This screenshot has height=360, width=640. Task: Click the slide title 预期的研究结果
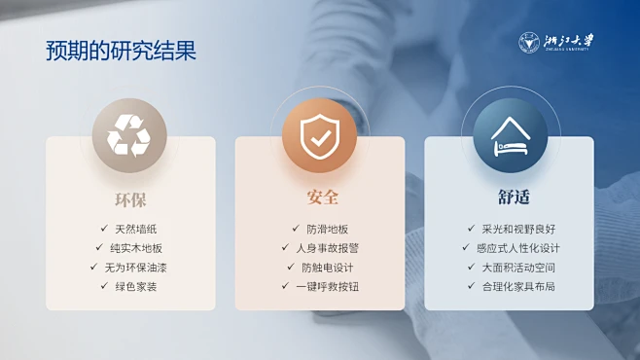[x=121, y=50]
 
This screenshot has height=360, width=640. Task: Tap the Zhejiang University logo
[x=556, y=43]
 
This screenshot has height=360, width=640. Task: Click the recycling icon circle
[x=129, y=135]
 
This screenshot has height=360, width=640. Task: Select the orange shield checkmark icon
[x=319, y=135]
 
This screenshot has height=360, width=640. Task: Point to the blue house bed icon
[x=510, y=135]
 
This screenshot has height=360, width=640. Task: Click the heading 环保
[x=130, y=198]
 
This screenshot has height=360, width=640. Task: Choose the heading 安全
[x=322, y=197]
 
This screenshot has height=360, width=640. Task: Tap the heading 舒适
[x=513, y=198]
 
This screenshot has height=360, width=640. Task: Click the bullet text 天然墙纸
[x=135, y=229]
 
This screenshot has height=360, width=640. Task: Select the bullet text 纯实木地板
[x=135, y=248]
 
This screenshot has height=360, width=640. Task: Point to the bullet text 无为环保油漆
[x=135, y=267]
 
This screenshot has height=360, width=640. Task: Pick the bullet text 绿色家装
[x=135, y=286]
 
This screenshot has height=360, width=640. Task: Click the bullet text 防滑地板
[x=327, y=229]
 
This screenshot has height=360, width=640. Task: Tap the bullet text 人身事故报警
[x=327, y=248]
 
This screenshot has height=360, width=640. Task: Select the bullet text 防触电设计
[x=327, y=267]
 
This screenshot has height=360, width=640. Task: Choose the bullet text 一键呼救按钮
[x=327, y=286]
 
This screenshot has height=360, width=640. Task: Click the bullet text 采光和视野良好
[x=517, y=229]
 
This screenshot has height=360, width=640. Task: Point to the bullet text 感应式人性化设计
[x=517, y=248]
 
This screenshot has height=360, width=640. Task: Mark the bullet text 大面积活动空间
[x=517, y=267]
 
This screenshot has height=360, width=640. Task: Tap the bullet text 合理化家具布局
[x=517, y=286]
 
